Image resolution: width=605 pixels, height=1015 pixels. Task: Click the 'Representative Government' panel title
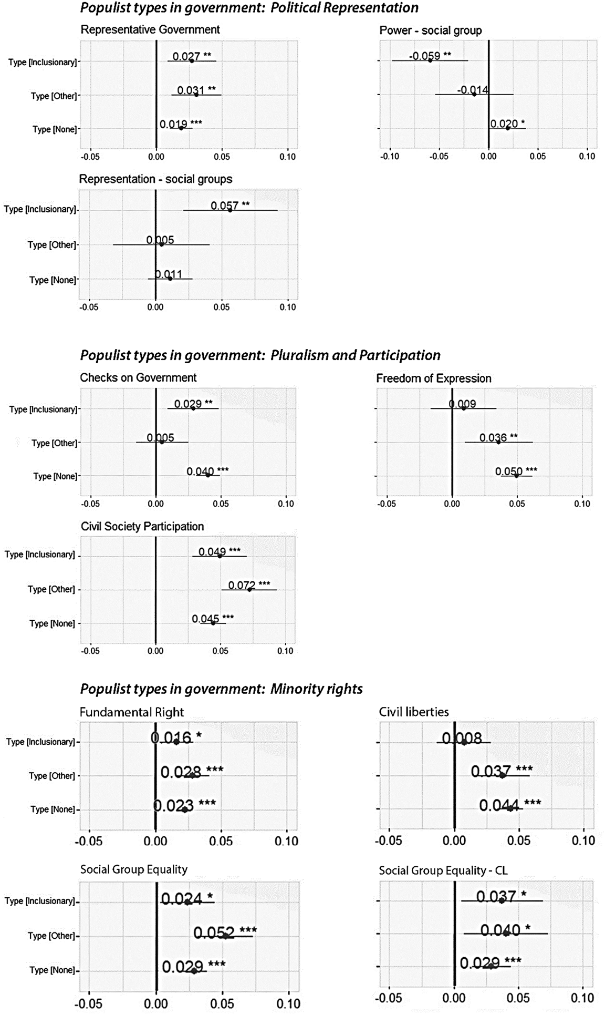click(150, 30)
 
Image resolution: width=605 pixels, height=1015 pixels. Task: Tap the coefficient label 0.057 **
click(230, 206)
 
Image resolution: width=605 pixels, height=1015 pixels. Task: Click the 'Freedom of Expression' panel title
click(433, 378)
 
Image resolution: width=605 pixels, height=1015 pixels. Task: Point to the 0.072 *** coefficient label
click(249, 585)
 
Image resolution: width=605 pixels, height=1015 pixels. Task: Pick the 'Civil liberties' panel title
click(414, 712)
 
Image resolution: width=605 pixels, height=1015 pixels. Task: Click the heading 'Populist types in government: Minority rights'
click(221, 689)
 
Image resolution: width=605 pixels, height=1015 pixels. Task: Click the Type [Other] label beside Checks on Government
click(54, 443)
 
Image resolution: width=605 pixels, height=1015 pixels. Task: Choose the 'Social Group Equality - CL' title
click(443, 870)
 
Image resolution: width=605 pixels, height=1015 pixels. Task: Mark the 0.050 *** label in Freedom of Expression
click(516, 471)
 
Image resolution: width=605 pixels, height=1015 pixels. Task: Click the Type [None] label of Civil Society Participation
click(52, 623)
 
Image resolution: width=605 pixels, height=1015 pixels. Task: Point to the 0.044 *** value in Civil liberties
click(509, 805)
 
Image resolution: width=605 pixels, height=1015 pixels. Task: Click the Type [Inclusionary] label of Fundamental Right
click(40, 742)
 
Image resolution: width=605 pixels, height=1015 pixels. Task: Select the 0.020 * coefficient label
click(507, 124)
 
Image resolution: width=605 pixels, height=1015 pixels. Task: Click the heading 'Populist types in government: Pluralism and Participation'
click(260, 355)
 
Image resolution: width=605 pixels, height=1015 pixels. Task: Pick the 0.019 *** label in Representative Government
click(181, 124)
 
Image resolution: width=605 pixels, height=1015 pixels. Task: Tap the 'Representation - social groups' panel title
click(155, 179)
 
